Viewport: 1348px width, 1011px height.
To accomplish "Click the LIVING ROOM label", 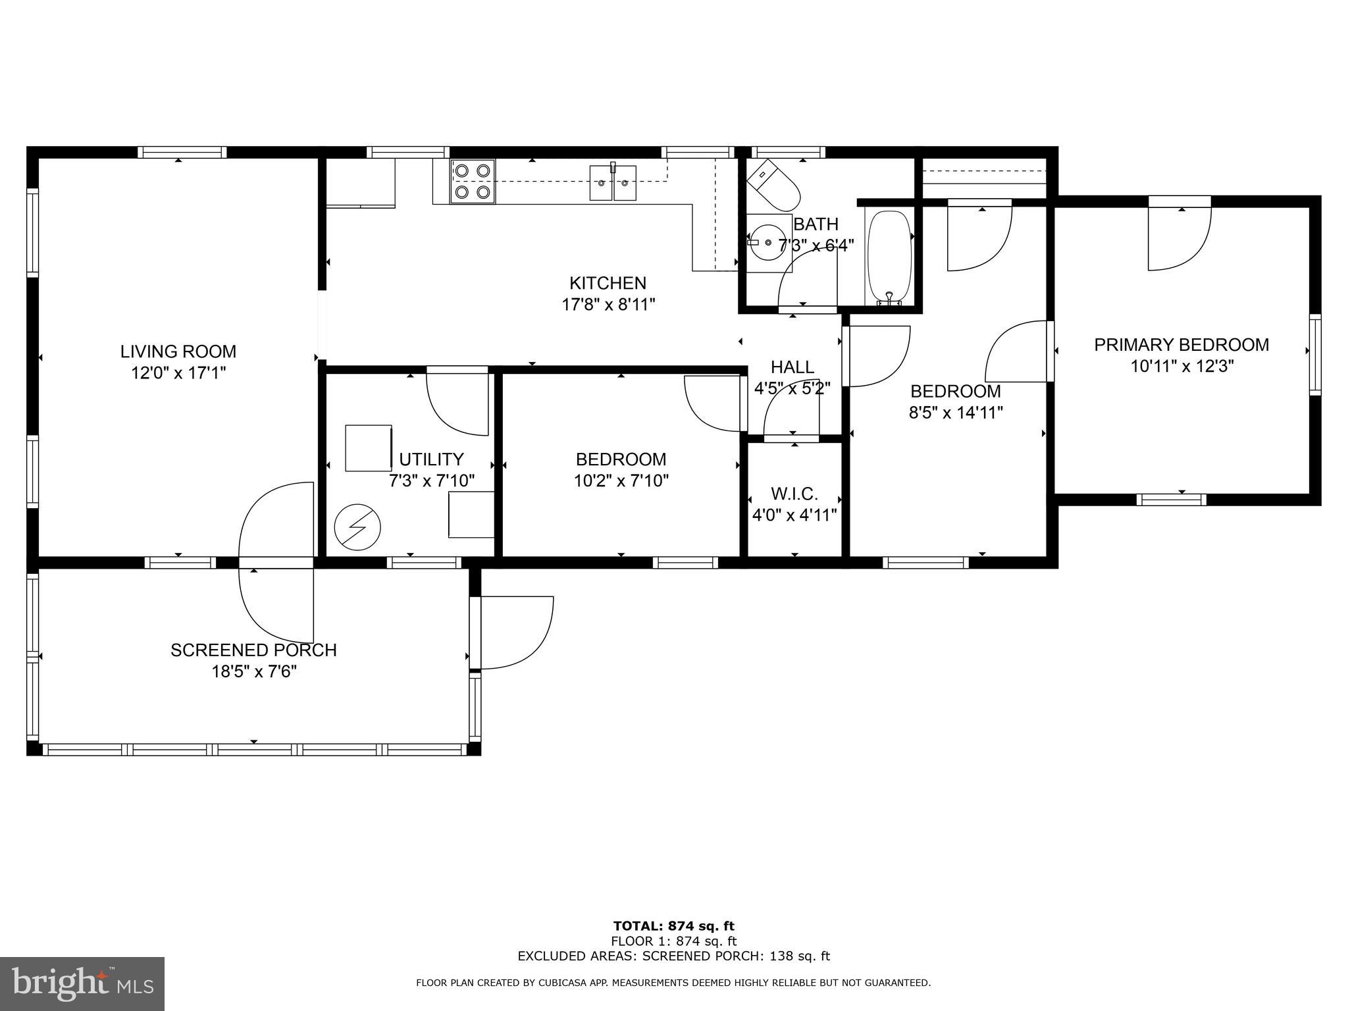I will click(178, 351).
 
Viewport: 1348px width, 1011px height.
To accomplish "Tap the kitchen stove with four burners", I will click(473, 181).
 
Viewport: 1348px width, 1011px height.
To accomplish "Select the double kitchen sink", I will click(613, 183).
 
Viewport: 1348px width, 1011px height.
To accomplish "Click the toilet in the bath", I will click(776, 184).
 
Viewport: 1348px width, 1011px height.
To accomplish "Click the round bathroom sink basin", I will click(768, 242).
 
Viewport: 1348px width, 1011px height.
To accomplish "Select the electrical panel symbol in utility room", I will click(357, 527).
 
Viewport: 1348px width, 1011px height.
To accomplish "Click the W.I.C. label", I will click(794, 494).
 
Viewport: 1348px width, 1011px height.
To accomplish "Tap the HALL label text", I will click(792, 367).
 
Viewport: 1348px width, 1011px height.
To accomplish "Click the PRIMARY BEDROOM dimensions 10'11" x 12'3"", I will click(1181, 366).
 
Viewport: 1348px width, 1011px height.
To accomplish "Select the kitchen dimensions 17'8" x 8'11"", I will click(608, 305).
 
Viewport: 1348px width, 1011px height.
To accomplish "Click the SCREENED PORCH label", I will click(253, 650).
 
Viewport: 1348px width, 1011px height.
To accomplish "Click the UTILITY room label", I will click(431, 459).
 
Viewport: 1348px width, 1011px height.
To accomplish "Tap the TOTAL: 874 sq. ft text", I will click(673, 927).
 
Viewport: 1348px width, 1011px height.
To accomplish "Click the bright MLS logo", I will click(82, 983).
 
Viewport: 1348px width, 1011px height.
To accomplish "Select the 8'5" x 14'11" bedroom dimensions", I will click(956, 413).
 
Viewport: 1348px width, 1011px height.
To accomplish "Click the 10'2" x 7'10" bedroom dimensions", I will click(621, 481).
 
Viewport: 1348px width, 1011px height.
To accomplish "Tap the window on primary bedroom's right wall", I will click(1314, 355).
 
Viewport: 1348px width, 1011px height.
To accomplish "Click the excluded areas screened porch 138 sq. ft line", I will click(673, 956).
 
